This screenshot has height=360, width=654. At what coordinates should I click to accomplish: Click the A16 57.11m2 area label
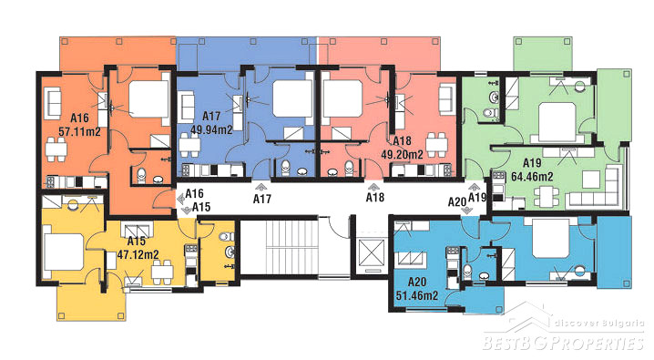pos(79,125)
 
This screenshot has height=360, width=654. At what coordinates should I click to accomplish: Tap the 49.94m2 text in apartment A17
pos(211,129)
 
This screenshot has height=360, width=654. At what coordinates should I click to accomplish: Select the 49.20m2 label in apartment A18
pos(402,154)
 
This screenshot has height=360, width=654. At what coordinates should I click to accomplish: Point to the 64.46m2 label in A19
pos(532,177)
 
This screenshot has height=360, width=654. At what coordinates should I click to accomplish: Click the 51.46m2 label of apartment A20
pos(417,296)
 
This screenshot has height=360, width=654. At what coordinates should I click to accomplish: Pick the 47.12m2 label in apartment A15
pos(138,254)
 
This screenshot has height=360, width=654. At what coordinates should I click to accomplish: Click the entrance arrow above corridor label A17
pos(262,187)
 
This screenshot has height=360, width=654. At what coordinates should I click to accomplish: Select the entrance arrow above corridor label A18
pos(373,186)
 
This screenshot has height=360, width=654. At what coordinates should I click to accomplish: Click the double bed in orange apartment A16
pos(148,99)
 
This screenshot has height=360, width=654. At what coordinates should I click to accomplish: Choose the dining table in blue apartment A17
pos(189,145)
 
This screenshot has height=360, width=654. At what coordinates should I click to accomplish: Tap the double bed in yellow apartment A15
pos(63,252)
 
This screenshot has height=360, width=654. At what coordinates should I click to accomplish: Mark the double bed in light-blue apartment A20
pos(550,238)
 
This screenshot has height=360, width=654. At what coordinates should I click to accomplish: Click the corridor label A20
pos(457,202)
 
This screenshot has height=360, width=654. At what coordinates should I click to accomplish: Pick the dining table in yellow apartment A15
pos(162,272)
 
